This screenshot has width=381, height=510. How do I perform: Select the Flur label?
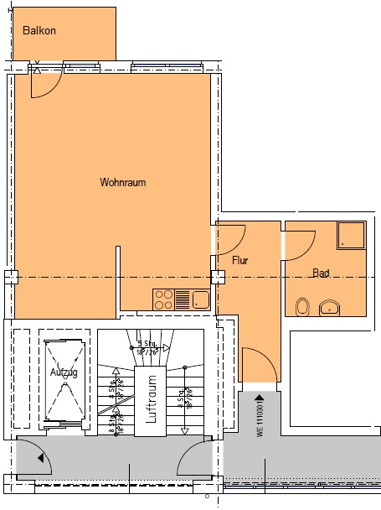pos(240,260)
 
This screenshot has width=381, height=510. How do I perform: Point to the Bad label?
pos(321,273)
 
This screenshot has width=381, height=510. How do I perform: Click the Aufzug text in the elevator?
pos(63,372)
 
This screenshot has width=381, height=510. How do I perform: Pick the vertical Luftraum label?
pos(152,401)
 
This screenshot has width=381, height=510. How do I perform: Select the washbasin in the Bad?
pos(332,307)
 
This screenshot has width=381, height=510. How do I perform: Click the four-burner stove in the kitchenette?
pos(163,298)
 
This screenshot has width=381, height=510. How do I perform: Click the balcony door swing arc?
pos(47,82)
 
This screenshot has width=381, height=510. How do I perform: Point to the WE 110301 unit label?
pos(260,420)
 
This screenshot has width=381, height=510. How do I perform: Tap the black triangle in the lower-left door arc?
pos(40,458)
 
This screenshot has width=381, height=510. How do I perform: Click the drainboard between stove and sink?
pos(182,298)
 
